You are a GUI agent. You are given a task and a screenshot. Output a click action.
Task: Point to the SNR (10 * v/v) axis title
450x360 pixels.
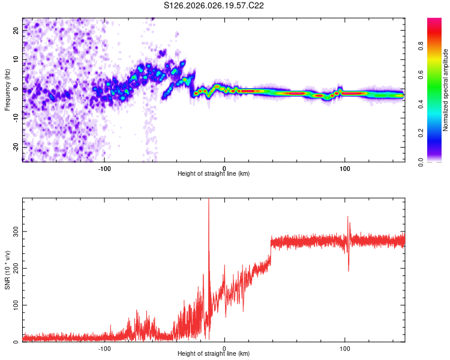tap(7, 271)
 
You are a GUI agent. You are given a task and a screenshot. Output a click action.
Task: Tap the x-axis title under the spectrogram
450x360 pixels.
tap(214, 173)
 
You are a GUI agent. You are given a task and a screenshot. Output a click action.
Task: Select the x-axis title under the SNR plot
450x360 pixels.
tap(214, 353)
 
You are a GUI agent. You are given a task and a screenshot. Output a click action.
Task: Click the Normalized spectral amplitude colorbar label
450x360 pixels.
tap(445, 90)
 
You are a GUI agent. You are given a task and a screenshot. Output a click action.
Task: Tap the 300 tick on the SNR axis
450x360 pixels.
tap(14, 231)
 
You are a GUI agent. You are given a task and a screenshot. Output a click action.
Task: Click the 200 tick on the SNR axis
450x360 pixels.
tap(14, 268)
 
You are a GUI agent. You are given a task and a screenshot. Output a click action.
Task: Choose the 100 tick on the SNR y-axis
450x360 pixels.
tap(14, 305)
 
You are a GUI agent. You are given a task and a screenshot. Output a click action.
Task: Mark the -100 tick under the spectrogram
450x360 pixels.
tap(104, 167)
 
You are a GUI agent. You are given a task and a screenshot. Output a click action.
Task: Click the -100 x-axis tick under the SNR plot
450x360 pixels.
tap(104, 347)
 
